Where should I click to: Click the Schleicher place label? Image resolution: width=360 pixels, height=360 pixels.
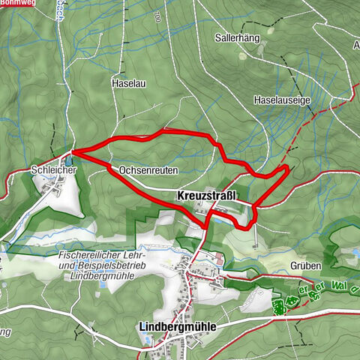tap(54, 170)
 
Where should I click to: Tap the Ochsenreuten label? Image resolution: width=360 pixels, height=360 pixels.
tap(147, 170)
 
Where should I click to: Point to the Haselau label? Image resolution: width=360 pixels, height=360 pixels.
tap(127, 82)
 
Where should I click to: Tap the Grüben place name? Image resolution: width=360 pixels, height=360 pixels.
tap(306, 265)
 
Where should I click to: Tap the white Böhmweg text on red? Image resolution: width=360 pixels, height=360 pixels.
tap(18, 4)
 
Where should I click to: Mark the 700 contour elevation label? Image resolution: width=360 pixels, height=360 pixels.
tap(156, 15)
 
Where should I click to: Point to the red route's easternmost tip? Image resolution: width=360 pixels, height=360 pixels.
tap(289, 165)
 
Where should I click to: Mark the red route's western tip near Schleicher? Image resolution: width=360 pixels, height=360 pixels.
tap(72, 153)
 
